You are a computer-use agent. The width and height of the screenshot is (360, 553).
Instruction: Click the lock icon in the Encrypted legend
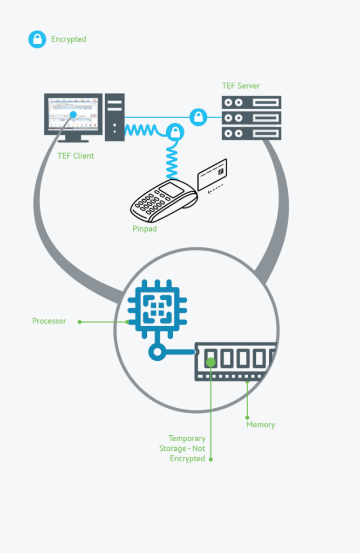pyautogui.click(x=37, y=39)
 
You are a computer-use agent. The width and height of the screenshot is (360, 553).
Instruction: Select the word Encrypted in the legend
pyautogui.click(x=69, y=39)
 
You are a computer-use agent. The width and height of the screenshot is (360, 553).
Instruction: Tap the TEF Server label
pyautogui.click(x=241, y=86)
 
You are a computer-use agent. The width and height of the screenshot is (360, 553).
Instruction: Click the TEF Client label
pyautogui.click(x=76, y=156)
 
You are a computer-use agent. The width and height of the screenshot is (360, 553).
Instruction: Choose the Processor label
pyautogui.click(x=49, y=321)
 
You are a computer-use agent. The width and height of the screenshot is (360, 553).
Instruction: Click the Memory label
pyautogui.click(x=261, y=425)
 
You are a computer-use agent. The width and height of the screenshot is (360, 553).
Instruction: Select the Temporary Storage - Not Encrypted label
pyautogui.click(x=187, y=449)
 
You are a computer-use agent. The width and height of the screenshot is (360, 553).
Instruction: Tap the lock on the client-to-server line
pyautogui.click(x=199, y=116)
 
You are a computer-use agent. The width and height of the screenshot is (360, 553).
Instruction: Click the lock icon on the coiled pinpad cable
pyautogui.click(x=174, y=132)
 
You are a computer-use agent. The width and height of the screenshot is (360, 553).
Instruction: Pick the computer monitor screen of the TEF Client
pyautogui.click(x=73, y=113)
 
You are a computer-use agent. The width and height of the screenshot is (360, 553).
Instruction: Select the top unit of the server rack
pyautogui.click(x=252, y=102)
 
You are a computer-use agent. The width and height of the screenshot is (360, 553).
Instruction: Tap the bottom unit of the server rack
pyautogui.click(x=252, y=133)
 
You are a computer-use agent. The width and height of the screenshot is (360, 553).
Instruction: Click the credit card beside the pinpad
pyautogui.click(x=212, y=174)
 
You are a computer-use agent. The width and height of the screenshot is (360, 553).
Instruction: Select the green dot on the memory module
pyautogui.click(x=211, y=362)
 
